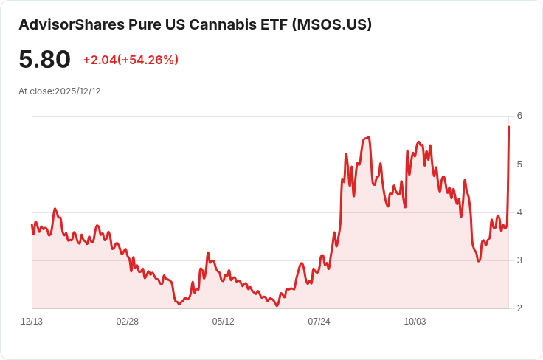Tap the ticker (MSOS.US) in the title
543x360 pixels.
click(x=332, y=24)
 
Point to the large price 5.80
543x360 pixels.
click(x=44, y=60)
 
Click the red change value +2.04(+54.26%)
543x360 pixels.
click(x=131, y=60)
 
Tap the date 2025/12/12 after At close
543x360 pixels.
click(x=77, y=91)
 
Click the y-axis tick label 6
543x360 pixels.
click(x=519, y=116)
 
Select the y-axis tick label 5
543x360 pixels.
click(x=519, y=164)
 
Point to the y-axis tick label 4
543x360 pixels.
click(x=519, y=212)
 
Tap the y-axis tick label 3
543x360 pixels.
click(x=519, y=260)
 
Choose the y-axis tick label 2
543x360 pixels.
click(x=519, y=308)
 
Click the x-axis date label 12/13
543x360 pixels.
click(x=32, y=322)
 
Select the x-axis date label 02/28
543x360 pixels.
click(x=128, y=322)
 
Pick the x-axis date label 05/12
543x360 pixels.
click(x=224, y=322)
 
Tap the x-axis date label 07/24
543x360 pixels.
click(x=319, y=322)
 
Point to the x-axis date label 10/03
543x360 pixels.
click(x=415, y=322)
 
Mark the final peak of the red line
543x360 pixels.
click(x=508, y=127)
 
